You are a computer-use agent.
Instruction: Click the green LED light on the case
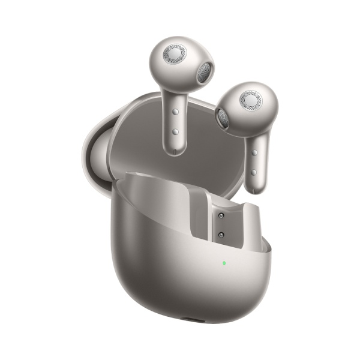tap(224, 263)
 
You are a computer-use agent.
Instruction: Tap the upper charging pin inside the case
tap(220, 215)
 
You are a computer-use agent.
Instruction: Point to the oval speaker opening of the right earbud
tap(223, 118)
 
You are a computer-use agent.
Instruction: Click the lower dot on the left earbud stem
tap(175, 131)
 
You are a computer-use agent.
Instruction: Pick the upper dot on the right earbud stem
tap(255, 153)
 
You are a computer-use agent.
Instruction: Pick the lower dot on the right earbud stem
tap(255, 172)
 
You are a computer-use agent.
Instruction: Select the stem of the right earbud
tap(256, 162)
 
